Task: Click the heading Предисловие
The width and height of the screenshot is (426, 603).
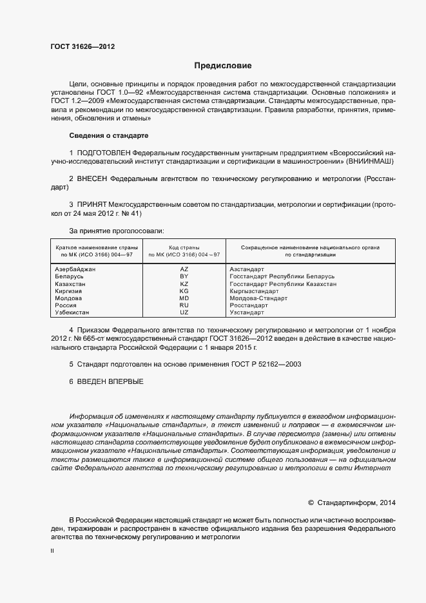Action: [223, 66]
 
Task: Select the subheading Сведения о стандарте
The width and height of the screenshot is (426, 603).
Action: [109, 136]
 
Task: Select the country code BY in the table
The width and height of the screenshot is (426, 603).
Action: [184, 276]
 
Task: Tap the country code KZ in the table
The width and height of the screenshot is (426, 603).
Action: [184, 283]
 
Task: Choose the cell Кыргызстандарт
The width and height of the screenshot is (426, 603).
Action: [255, 291]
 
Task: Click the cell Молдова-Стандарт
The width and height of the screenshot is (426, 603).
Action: [258, 298]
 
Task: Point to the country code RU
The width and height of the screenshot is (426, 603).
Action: [184, 305]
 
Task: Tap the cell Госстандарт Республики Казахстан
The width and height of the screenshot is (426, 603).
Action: [283, 283]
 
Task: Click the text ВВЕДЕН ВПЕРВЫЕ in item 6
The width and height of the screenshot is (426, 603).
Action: [110, 382]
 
